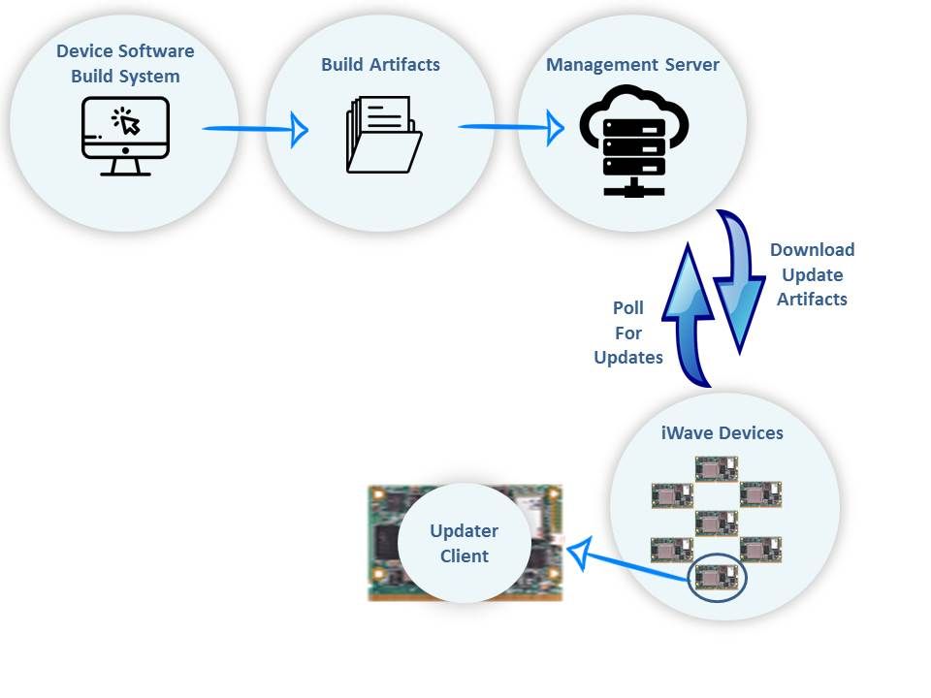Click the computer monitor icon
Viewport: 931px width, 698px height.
pos(125,136)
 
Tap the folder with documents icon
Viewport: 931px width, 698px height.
pos(383,135)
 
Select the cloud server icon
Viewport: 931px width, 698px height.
pos(633,140)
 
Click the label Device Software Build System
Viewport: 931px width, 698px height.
pos(125,63)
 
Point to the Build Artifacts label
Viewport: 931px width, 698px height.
pos(380,65)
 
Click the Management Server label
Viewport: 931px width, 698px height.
pos(632,65)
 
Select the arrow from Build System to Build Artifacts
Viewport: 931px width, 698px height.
pos(254,128)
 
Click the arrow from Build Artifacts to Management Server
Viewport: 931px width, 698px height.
pos(510,126)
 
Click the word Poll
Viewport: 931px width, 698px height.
pos(628,308)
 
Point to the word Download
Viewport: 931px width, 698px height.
pos(812,250)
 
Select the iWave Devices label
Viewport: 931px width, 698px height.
pos(722,432)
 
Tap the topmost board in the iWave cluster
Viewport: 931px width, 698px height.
pos(717,469)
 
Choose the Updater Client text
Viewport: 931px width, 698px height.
pos(465,544)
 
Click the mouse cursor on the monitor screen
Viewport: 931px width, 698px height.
pos(128,122)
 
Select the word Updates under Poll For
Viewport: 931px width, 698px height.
pos(628,358)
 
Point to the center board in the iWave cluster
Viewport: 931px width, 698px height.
pos(717,523)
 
